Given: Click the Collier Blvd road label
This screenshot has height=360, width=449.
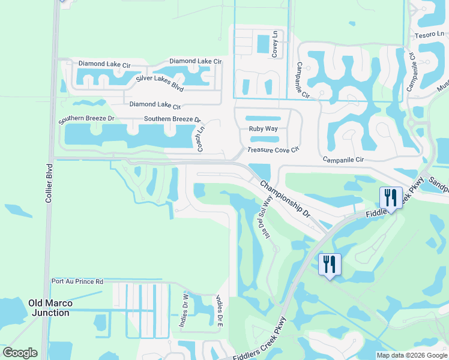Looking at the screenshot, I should point(49,182).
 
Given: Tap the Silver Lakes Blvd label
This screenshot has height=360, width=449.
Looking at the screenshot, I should point(160,83).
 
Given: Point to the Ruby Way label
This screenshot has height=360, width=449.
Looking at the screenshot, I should point(263,129).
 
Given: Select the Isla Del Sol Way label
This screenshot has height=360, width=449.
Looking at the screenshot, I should point(265,221).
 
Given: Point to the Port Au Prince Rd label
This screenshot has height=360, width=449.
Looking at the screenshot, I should point(77,281).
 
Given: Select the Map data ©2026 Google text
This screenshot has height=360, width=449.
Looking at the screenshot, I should point(411,355).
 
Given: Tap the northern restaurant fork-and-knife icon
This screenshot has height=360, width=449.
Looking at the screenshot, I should point(390,197).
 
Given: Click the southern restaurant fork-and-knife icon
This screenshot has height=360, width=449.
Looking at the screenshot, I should point(330,264).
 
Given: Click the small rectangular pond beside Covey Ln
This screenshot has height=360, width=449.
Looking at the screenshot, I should point(263,44).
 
